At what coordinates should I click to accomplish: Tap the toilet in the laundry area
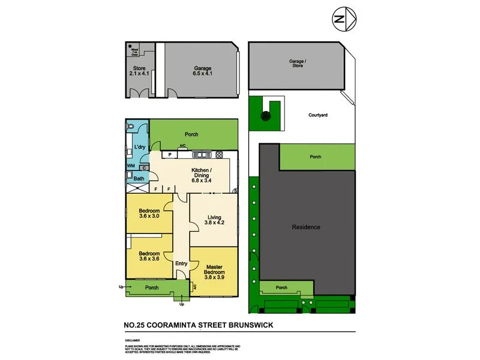pos(130,127)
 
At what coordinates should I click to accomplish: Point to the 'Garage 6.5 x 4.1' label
pos(201,71)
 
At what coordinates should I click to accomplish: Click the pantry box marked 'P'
pos(170,154)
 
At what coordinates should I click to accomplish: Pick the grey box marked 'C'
pos(144,169)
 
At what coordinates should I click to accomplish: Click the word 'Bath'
pos(139,178)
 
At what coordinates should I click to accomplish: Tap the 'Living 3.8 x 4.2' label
pos(213,220)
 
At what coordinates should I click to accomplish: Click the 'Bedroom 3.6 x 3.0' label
pos(149,214)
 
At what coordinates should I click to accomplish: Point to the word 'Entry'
pos(181,263)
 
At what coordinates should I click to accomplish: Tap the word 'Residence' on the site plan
pos(306,227)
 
